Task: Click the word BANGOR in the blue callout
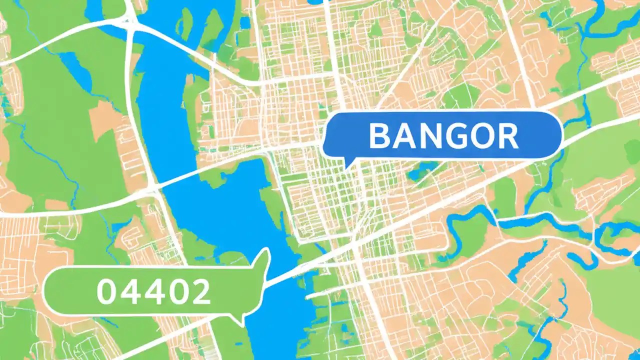coord(443,136)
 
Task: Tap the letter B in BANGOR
coord(379,136)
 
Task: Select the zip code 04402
coord(153,291)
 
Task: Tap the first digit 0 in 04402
coord(106,291)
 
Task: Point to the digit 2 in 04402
coord(199,291)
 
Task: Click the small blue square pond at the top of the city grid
coord(244,22)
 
